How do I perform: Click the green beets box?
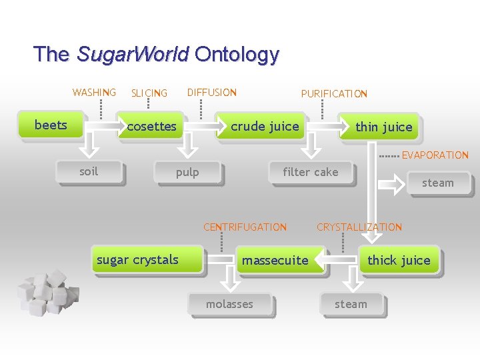pyautogui.click(x=51, y=125)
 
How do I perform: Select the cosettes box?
pyautogui.click(x=151, y=127)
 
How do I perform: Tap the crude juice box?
pyautogui.click(x=265, y=127)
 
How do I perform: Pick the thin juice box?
pyautogui.click(x=383, y=127)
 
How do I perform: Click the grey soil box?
pyautogui.click(x=89, y=172)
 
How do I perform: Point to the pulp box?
pyautogui.click(x=187, y=173)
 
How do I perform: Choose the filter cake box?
pyautogui.click(x=310, y=172)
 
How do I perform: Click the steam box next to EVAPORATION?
pyautogui.click(x=437, y=183)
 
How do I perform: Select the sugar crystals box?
pyautogui.click(x=138, y=260)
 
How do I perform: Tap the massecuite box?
pyautogui.click(x=275, y=260)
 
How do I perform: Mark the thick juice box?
pyautogui.click(x=399, y=260)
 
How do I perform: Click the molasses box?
pyautogui.click(x=229, y=304)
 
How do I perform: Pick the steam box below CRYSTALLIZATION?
pyautogui.click(x=351, y=304)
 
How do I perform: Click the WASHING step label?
pyautogui.click(x=94, y=93)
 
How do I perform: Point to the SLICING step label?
pyautogui.click(x=149, y=93)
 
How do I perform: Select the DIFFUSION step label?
pyautogui.click(x=211, y=93)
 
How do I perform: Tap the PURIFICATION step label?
pyautogui.click(x=334, y=94)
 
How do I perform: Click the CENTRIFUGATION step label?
pyautogui.click(x=245, y=227)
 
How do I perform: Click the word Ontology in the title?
pyautogui.click(x=237, y=54)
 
